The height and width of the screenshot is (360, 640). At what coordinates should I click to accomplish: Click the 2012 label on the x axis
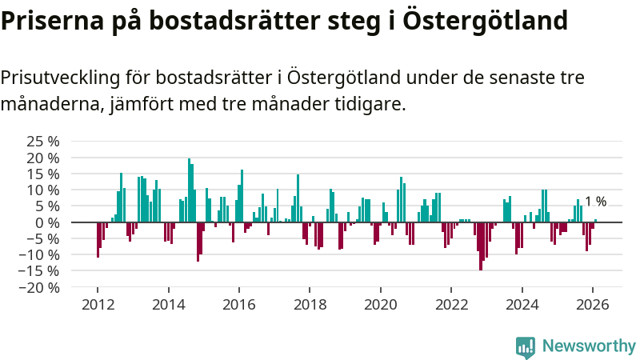point(98,305)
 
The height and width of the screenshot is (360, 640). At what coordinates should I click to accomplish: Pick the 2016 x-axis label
point(238,305)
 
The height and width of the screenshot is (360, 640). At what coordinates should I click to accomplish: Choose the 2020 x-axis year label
point(380,305)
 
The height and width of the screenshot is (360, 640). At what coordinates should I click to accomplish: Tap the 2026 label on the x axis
point(593,305)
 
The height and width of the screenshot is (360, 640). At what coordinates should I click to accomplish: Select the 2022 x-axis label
point(451,305)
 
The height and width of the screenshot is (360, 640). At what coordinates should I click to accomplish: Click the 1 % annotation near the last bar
point(595,202)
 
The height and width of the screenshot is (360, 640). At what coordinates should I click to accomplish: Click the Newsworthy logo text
point(589,346)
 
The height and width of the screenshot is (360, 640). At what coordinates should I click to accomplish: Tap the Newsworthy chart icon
point(526,346)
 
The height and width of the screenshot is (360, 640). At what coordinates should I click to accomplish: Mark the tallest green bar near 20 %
point(190,190)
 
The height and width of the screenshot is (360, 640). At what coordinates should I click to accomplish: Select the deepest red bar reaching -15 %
point(481,246)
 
